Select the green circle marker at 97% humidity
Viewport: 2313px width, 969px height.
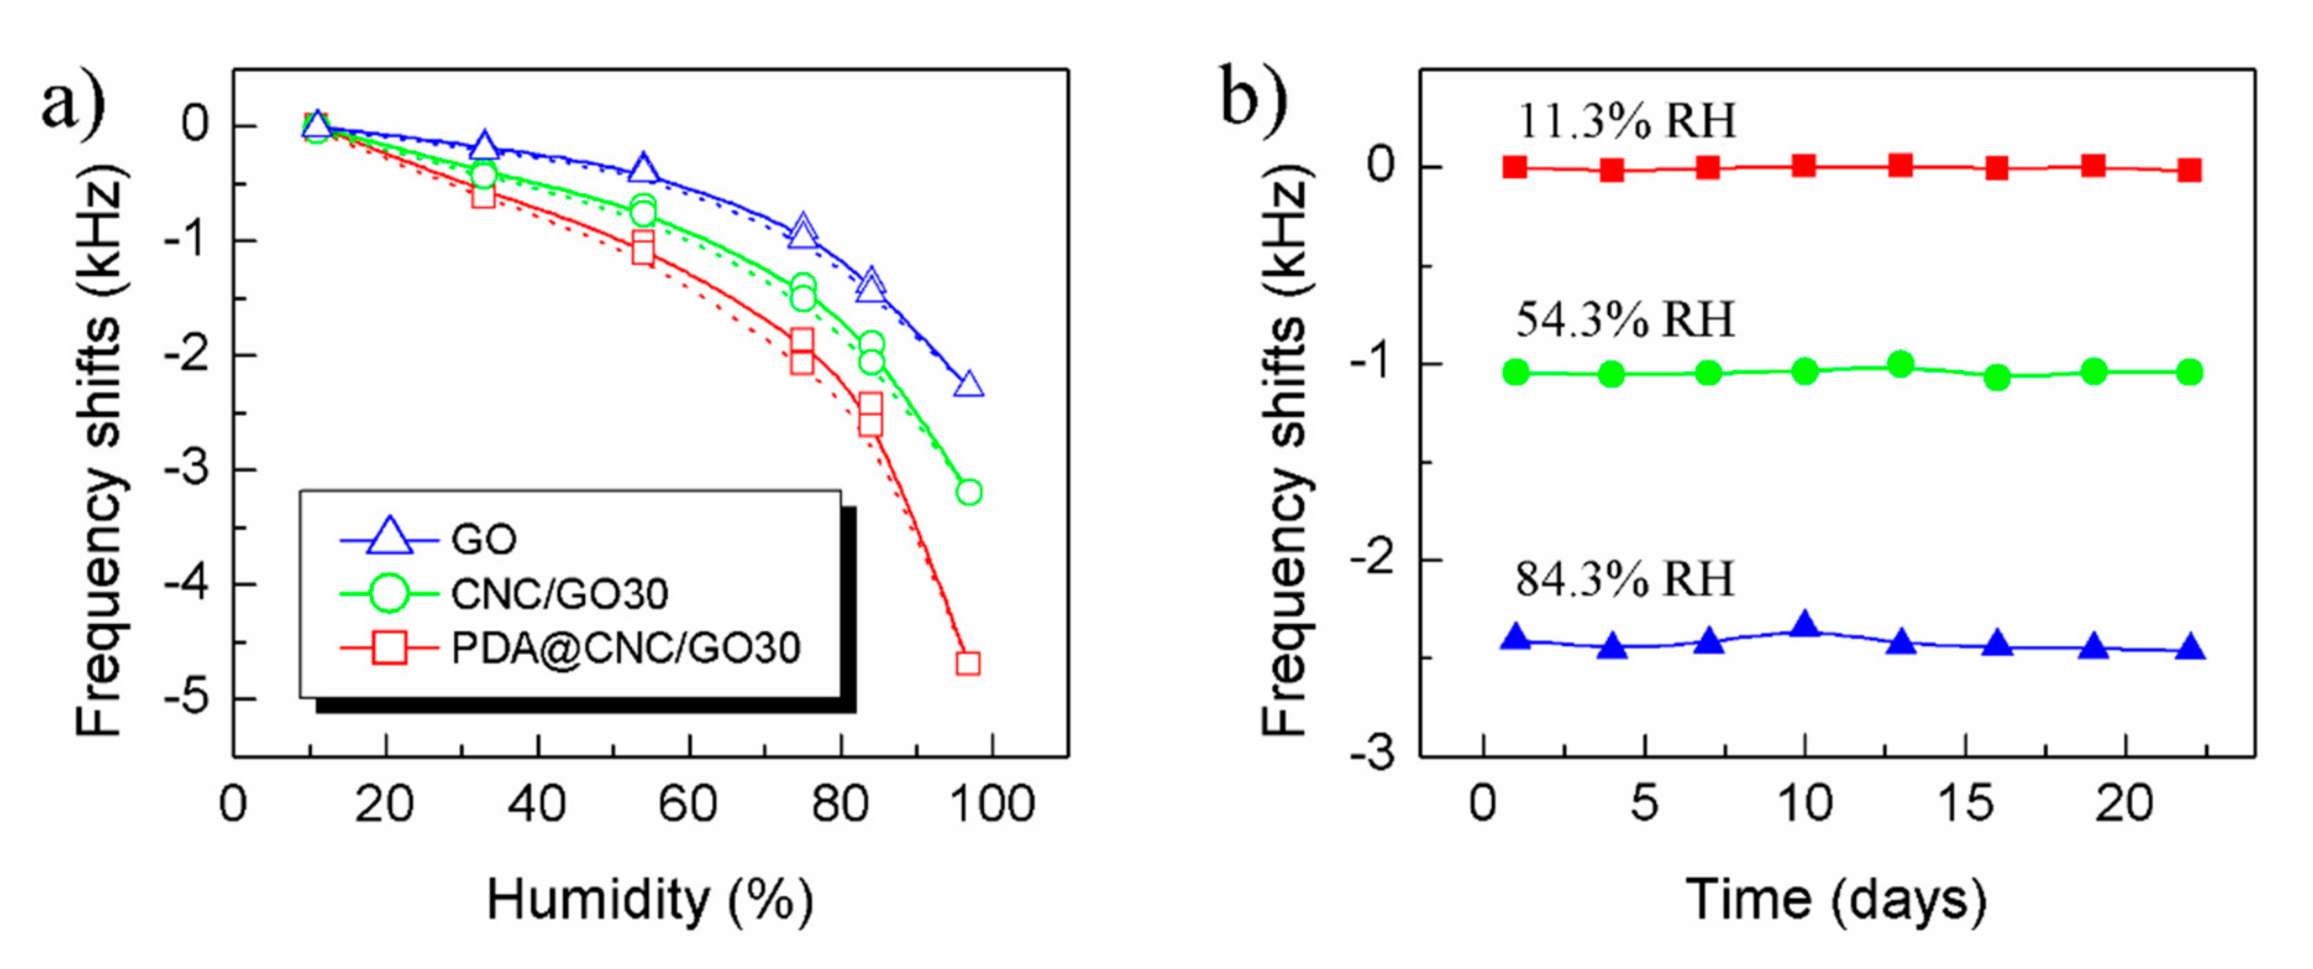(x=968, y=492)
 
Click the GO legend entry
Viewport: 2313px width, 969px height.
(x=483, y=540)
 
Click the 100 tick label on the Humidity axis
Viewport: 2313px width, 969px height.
(x=992, y=804)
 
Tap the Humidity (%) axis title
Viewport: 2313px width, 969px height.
(x=650, y=900)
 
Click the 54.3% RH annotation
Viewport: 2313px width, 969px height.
(x=1624, y=320)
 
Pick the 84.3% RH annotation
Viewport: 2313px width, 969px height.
(x=1624, y=579)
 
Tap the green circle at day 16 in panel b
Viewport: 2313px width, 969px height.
(x=1997, y=378)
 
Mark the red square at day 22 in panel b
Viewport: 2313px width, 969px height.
(x=2190, y=170)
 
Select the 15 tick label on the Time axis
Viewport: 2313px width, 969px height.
(x=1965, y=804)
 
